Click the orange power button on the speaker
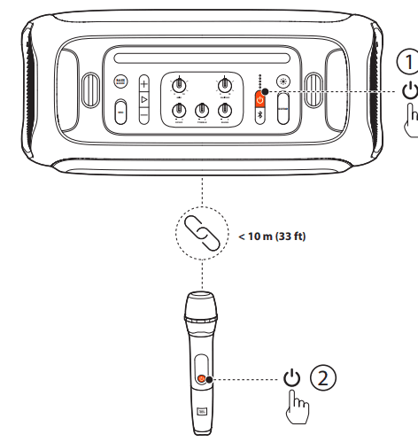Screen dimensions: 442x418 click(260, 98)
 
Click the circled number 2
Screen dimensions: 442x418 click(326, 378)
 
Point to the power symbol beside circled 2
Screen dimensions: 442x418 click(292, 378)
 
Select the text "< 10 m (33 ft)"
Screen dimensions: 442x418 click(272, 236)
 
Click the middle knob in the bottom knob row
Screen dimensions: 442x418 click(202, 109)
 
